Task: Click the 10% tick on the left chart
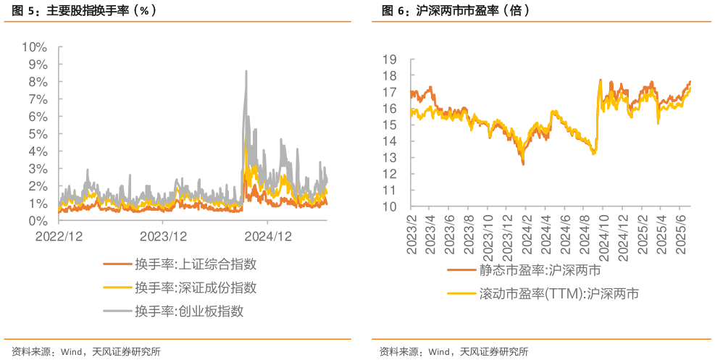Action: click(34, 47)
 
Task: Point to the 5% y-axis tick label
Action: click(37, 134)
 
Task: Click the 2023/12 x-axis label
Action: click(164, 236)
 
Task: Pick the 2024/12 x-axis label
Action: click(269, 236)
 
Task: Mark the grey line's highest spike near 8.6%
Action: click(246, 71)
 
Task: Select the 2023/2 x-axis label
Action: click(412, 234)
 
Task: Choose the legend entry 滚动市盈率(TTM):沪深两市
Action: click(559, 294)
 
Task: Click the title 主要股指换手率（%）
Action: click(101, 11)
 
